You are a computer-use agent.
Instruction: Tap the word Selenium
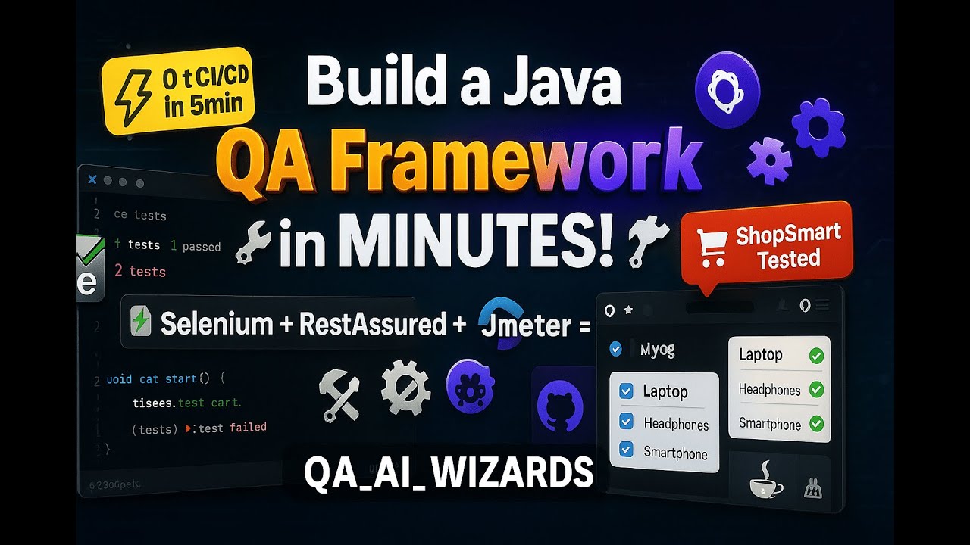216,324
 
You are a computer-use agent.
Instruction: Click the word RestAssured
372,324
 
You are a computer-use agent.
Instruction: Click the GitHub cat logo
560,406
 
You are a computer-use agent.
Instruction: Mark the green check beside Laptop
816,355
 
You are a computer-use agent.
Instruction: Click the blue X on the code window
92,179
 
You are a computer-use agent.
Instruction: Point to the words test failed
233,428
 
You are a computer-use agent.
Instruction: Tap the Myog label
657,350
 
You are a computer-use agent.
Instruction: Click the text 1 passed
196,246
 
